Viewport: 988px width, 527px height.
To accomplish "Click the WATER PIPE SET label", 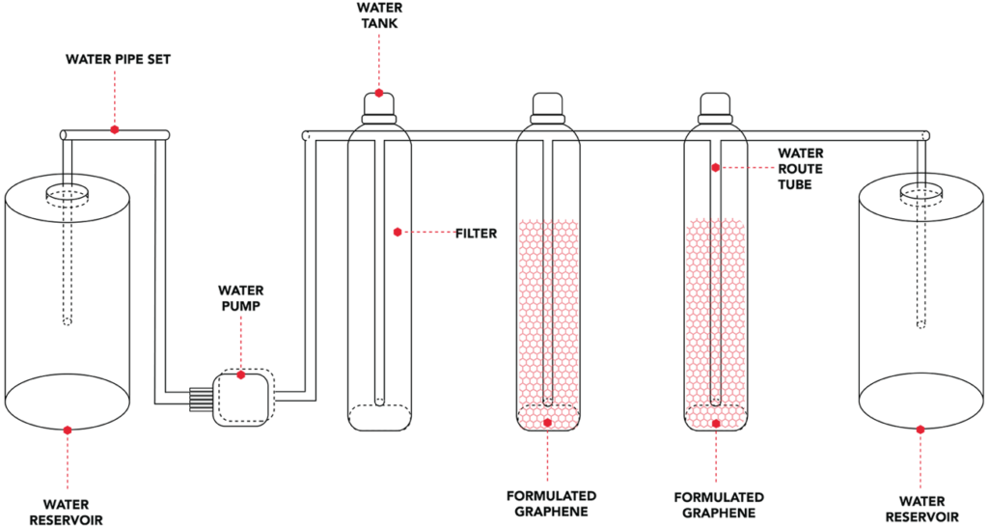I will click(x=119, y=60).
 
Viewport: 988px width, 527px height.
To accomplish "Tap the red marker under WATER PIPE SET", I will click(x=115, y=128).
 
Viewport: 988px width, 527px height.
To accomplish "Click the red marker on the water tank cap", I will click(x=379, y=94).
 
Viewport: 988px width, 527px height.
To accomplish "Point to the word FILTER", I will click(x=478, y=233).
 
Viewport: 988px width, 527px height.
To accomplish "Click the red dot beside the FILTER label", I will click(x=398, y=232).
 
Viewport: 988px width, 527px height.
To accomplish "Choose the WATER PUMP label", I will click(x=240, y=297).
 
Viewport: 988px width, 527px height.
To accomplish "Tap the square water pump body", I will click(x=243, y=397).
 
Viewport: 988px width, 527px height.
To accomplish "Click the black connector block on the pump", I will click(x=201, y=397).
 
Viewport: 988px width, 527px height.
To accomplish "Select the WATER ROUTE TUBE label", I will click(x=801, y=168).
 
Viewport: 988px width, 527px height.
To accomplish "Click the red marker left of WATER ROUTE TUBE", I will click(x=715, y=167).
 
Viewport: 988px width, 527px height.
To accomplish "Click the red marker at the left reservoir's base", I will click(x=67, y=429).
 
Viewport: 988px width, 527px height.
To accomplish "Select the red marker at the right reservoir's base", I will click(x=920, y=429).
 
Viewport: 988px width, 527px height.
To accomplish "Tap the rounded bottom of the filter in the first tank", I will click(x=379, y=417).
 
